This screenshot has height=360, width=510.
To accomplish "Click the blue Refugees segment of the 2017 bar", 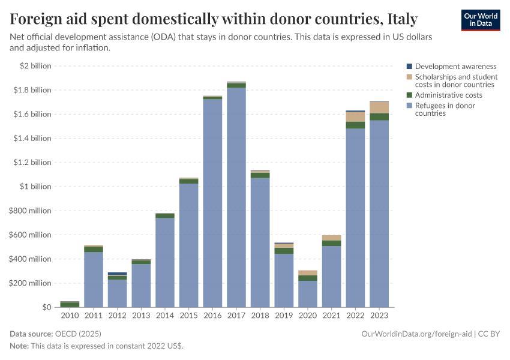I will [236, 198].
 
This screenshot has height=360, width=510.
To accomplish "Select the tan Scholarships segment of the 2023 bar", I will [379, 107].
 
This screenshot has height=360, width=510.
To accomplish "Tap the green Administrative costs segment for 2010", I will [70, 304].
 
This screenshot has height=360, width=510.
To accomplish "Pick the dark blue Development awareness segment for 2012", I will [117, 274].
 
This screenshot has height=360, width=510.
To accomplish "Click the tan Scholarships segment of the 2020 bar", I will [308, 273].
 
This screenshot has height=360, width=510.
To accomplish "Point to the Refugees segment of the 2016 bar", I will [212, 204].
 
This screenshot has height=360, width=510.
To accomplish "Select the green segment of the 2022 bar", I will [355, 125].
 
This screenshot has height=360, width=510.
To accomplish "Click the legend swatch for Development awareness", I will [409, 67].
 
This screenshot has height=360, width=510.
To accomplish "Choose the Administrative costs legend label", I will [448, 95].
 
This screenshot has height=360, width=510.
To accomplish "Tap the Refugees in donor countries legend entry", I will [445, 109].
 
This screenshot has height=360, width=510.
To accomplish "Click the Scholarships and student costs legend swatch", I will [409, 77].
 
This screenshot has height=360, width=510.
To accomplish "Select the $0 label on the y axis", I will [46, 307].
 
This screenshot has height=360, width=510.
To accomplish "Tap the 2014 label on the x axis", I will [165, 316].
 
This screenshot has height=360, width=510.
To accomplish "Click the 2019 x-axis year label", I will [284, 316].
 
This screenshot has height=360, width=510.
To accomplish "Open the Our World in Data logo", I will [480, 20].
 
